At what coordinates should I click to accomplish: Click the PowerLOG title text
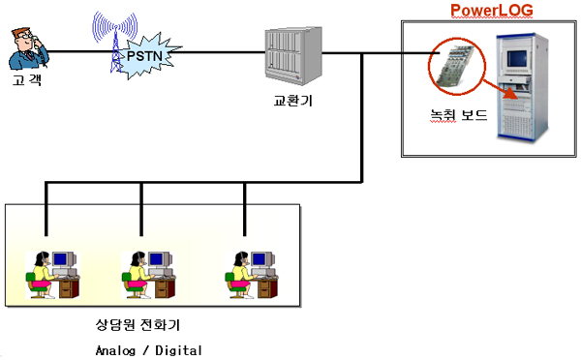click(492, 11)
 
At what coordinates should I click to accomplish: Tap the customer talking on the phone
click(28, 48)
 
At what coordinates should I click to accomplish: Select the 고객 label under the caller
click(27, 80)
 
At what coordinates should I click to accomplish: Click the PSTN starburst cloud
click(148, 55)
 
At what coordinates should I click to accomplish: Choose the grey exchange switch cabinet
click(293, 55)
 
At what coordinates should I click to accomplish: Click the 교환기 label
click(293, 101)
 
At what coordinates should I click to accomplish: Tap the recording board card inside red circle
click(455, 66)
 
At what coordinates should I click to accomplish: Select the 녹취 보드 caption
click(458, 115)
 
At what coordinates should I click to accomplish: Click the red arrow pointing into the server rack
click(501, 89)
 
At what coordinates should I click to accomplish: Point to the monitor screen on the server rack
click(516, 58)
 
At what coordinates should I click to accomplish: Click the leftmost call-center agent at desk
click(52, 275)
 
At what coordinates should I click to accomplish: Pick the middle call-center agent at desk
click(148, 275)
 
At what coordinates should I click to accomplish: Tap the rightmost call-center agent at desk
click(252, 275)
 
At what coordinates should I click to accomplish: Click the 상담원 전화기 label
click(138, 325)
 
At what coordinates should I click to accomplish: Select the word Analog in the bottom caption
click(115, 350)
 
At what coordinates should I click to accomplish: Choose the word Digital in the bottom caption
click(178, 350)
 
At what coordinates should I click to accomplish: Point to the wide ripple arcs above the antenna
click(115, 25)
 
